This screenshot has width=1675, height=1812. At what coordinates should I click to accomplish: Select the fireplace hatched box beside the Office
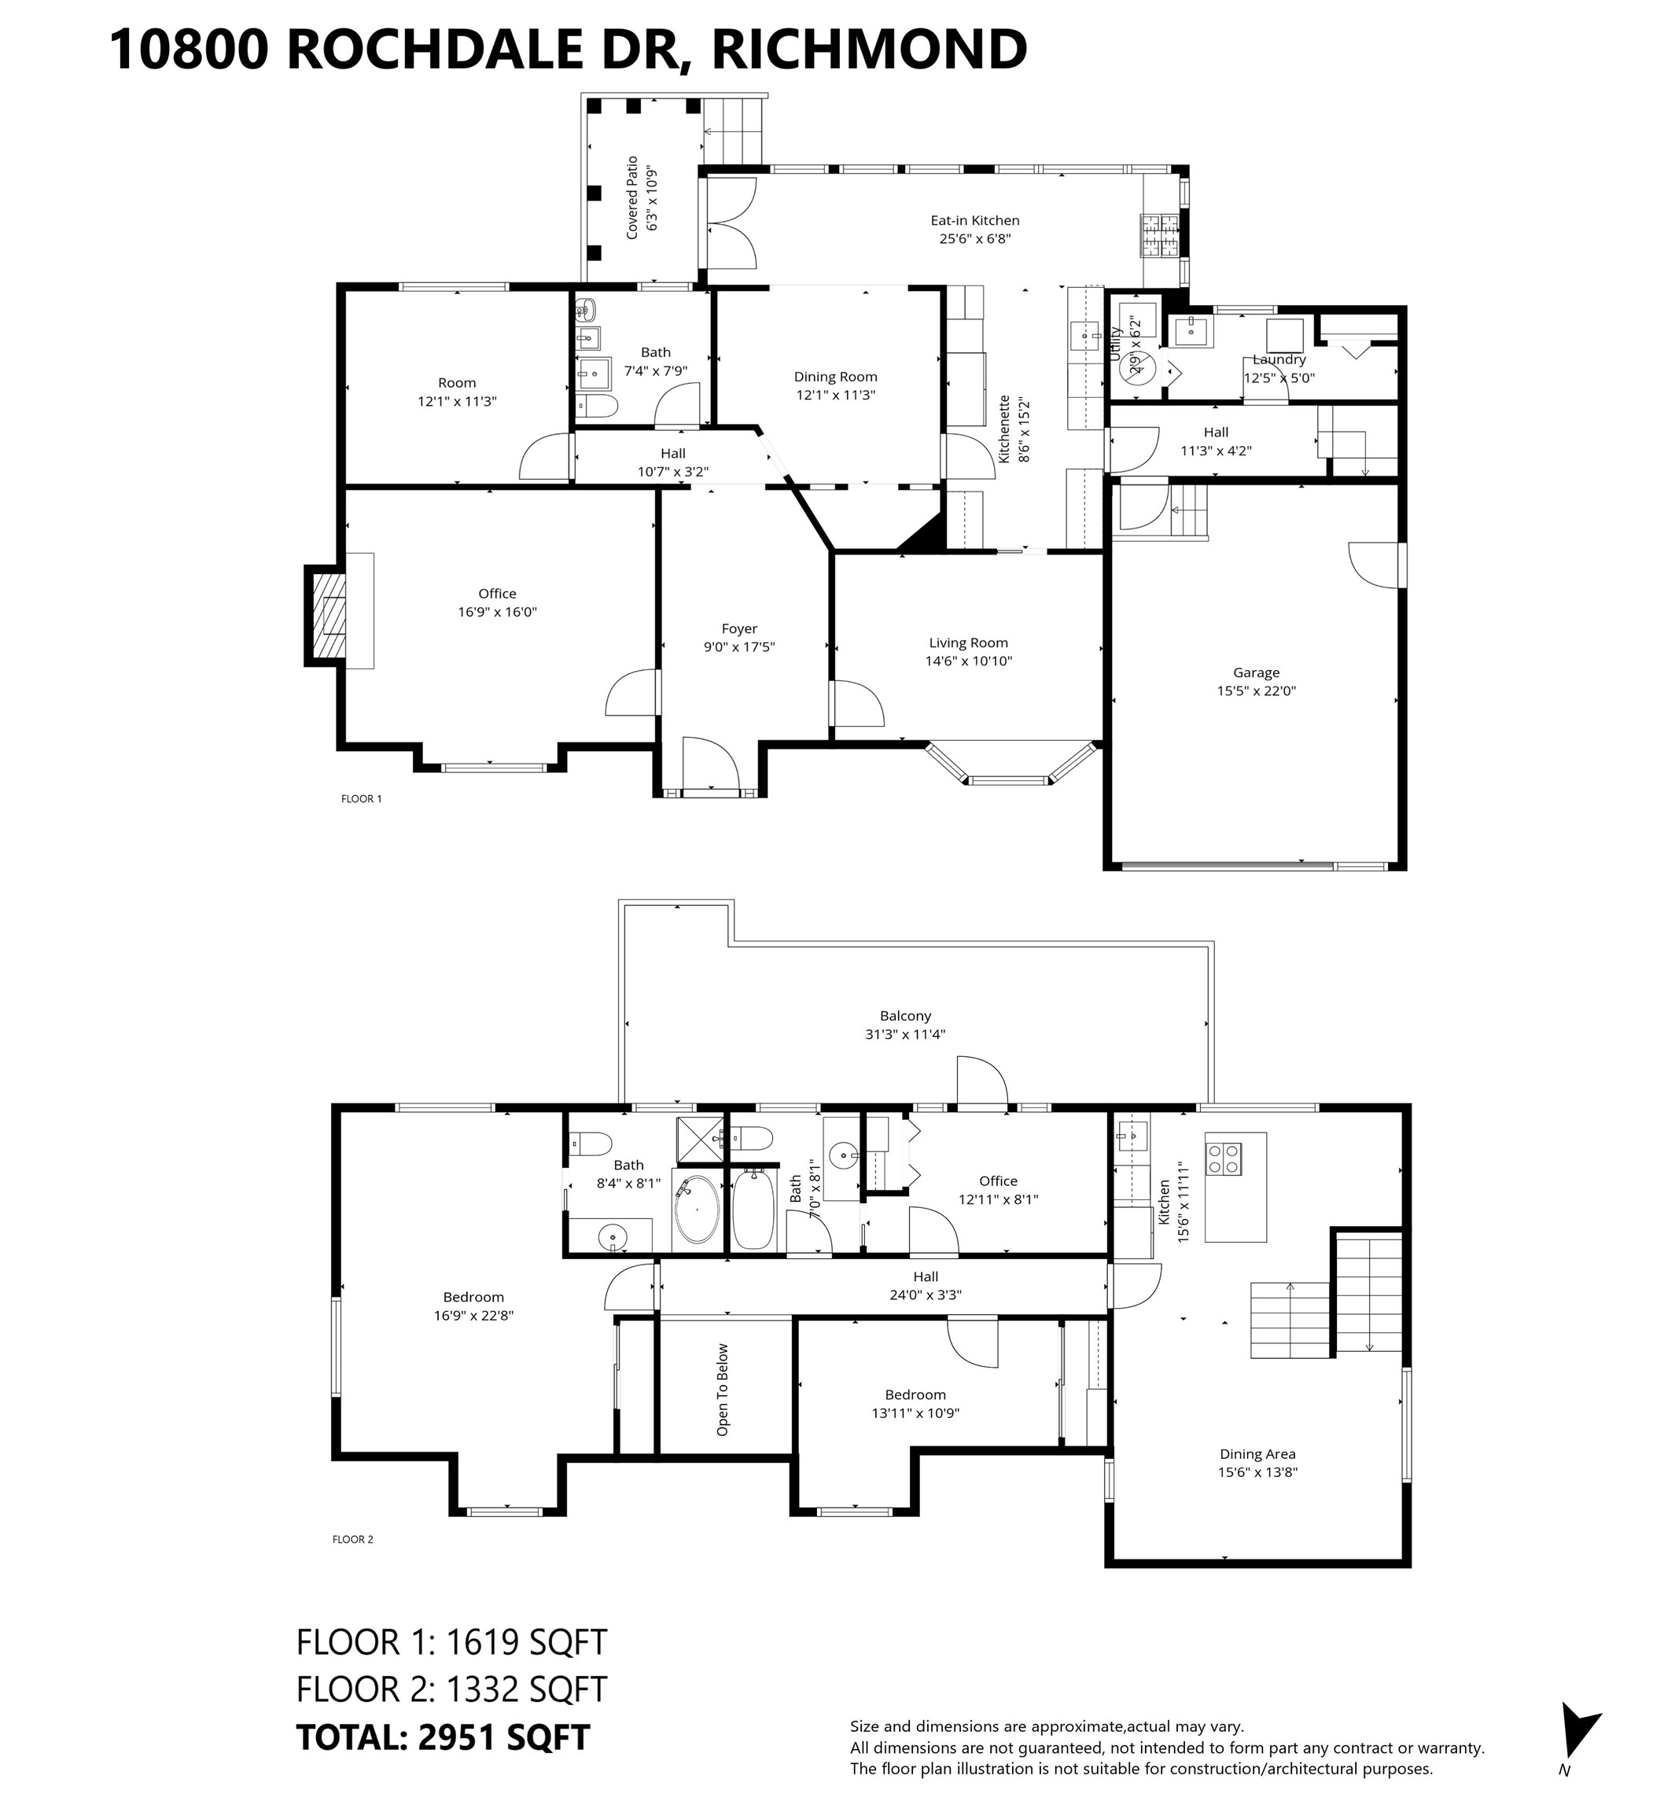[x=329, y=617]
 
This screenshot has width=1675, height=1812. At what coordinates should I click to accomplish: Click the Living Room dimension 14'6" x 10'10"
[x=968, y=661]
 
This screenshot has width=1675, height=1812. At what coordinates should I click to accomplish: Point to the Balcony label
[x=904, y=1016]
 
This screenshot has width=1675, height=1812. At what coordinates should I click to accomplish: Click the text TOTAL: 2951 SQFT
[x=444, y=1736]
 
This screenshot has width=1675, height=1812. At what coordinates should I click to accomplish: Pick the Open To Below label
[x=723, y=1390]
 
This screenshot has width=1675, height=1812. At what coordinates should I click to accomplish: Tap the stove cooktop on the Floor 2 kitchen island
[x=1223, y=1158]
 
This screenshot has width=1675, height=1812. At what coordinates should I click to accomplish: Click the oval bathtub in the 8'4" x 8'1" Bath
[x=696, y=1210]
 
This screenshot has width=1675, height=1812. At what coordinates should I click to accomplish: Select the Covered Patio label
[x=631, y=197]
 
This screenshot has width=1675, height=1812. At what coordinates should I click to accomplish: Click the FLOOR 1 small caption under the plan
[x=361, y=798]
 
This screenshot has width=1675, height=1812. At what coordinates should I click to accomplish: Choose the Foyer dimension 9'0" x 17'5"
[x=738, y=647]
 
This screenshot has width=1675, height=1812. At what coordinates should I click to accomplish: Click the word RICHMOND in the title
[x=868, y=49]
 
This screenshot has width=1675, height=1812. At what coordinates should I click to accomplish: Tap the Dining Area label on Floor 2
[x=1257, y=1454]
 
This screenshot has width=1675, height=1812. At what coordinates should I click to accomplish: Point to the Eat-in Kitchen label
[x=974, y=220]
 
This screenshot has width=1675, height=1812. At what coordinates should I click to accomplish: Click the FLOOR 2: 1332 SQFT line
[x=451, y=1689]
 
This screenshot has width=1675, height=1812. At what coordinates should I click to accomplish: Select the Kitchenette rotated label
[x=1004, y=429]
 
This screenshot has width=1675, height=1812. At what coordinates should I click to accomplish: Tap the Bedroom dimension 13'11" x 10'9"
[x=915, y=1413]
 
